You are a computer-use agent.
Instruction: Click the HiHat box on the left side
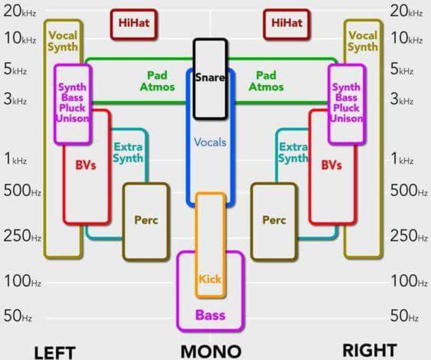click(134, 24)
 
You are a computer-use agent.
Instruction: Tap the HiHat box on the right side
click(286, 24)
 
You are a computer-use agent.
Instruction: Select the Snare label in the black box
click(210, 77)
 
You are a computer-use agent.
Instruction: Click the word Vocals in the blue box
click(210, 142)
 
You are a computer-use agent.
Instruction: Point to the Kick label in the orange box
click(210, 279)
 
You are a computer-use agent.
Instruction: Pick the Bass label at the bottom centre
click(210, 315)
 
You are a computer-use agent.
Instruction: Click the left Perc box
click(146, 220)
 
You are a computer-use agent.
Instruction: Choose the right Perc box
click(274, 220)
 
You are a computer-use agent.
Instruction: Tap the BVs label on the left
click(85, 165)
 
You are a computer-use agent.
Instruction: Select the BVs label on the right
click(331, 165)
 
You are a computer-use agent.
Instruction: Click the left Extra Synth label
click(128, 153)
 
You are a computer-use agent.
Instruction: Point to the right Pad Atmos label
click(266, 81)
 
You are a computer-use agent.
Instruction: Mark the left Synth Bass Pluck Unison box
click(73, 103)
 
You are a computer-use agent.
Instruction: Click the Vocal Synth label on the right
click(363, 41)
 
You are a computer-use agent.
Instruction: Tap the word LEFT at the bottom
click(55, 352)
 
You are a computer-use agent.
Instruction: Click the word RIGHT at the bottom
click(370, 350)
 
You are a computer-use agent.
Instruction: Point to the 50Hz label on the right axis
click(404, 316)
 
